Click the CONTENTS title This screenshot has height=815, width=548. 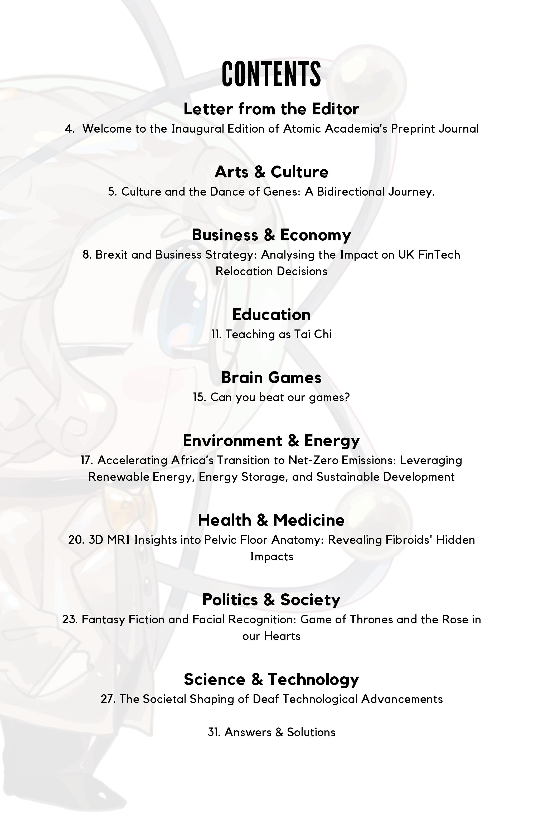(271, 74)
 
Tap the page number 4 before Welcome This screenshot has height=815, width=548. (69, 129)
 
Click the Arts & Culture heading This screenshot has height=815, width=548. (271, 172)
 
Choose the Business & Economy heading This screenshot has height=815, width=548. (271, 235)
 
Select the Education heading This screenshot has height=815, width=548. (271, 314)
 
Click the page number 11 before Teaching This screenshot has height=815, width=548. (216, 334)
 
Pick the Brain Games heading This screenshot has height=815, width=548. (271, 377)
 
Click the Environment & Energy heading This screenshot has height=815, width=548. (271, 440)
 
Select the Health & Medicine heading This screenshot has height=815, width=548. (271, 520)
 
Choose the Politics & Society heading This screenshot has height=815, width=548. (271, 600)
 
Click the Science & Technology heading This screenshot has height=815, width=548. (271, 680)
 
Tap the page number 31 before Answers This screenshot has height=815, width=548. (214, 732)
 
